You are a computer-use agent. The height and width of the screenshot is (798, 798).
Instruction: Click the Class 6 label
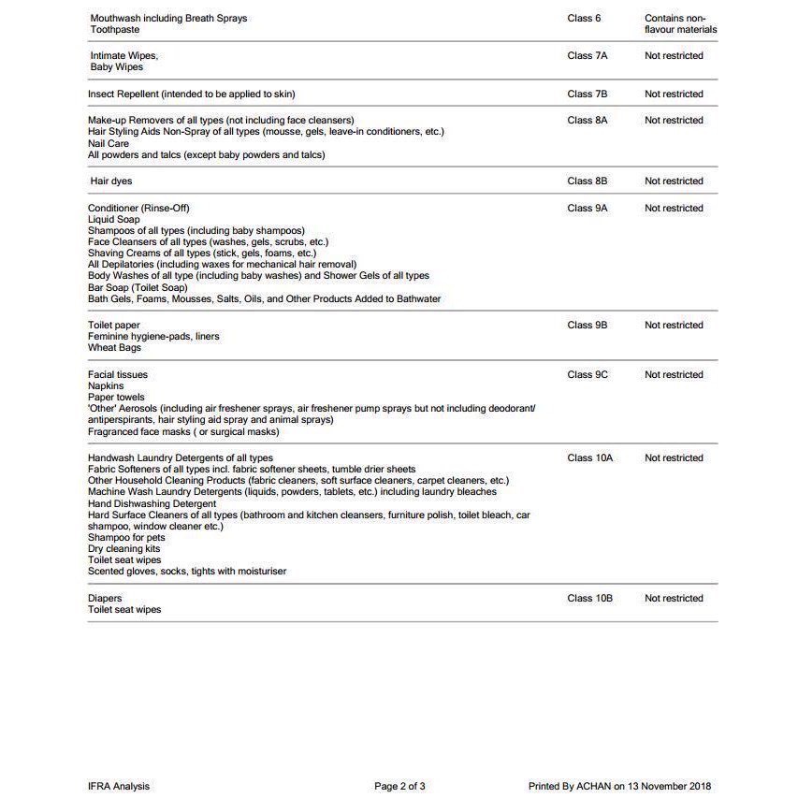click(x=584, y=19)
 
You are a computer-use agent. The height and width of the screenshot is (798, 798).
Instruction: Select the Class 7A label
click(x=587, y=56)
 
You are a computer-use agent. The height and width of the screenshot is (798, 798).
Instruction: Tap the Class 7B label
click(x=587, y=94)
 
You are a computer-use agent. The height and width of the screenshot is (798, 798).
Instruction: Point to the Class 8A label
click(x=587, y=121)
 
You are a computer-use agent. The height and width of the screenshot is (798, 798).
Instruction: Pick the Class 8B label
click(x=587, y=181)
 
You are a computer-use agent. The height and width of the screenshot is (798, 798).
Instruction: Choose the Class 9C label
click(x=587, y=375)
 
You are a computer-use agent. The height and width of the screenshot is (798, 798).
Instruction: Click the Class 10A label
click(x=589, y=458)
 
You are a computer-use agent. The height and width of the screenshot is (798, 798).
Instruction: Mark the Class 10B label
click(x=589, y=599)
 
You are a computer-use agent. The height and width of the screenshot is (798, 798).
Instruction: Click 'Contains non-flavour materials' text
click(x=680, y=24)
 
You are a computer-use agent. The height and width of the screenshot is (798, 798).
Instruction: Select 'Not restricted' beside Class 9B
click(x=674, y=326)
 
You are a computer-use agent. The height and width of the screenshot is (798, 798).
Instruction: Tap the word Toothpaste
click(x=115, y=30)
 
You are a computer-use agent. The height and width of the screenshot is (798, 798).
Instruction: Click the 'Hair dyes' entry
click(x=111, y=181)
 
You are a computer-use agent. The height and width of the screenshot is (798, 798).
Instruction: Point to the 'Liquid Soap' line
click(x=114, y=220)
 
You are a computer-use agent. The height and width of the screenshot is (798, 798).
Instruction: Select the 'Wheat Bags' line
click(x=114, y=348)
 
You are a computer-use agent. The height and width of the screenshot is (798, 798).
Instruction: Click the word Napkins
click(x=106, y=386)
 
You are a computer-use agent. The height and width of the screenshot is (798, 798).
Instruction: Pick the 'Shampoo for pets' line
click(x=126, y=538)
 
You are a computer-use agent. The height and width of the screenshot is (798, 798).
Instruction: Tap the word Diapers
click(x=105, y=599)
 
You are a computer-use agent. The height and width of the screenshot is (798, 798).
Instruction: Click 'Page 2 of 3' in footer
click(x=399, y=787)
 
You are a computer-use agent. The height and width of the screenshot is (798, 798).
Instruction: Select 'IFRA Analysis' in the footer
click(x=119, y=787)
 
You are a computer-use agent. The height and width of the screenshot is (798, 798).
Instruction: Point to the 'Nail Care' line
click(x=109, y=144)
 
